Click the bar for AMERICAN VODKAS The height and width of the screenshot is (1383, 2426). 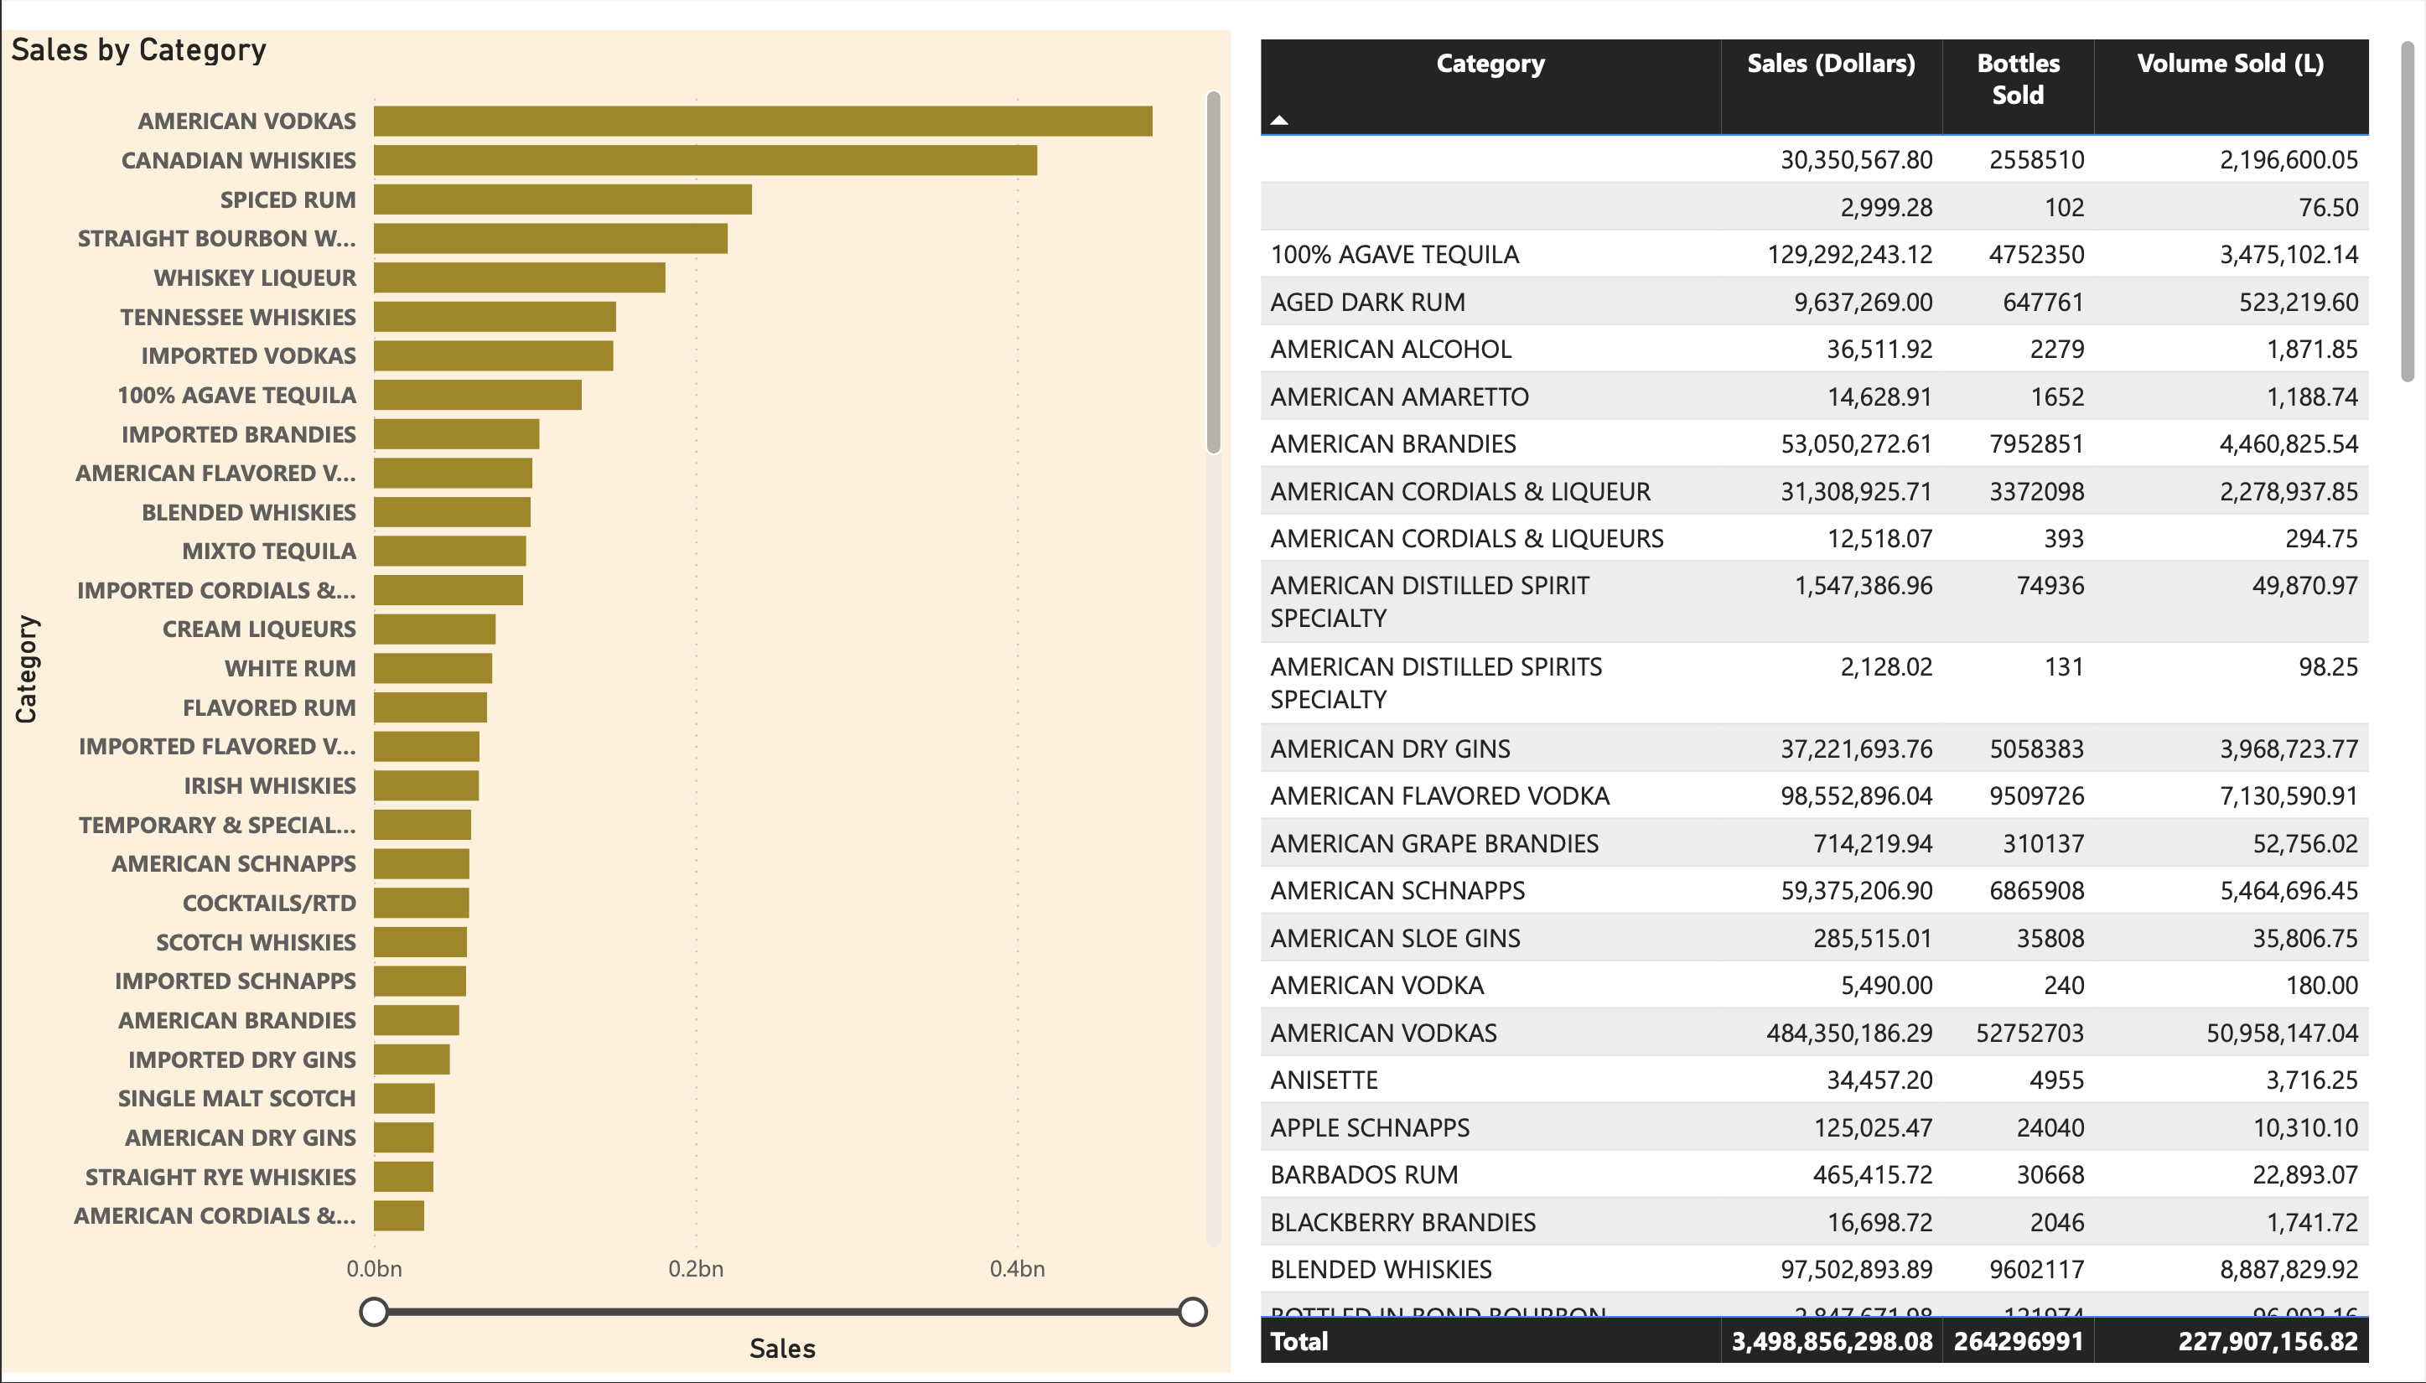[x=762, y=122]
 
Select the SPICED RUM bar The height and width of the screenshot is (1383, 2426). [x=562, y=199]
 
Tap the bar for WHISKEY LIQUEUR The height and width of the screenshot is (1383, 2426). [x=519, y=277]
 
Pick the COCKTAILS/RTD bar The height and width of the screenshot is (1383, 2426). [x=421, y=903]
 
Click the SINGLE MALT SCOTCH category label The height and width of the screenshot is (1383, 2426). [x=236, y=1098]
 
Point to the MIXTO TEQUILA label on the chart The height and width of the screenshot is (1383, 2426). [x=269, y=551]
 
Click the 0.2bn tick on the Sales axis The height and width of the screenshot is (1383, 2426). [x=695, y=1269]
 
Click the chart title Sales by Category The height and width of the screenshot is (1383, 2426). [x=138, y=49]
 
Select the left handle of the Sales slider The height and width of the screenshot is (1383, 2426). [x=374, y=1312]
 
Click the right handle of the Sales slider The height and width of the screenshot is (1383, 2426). [x=1192, y=1312]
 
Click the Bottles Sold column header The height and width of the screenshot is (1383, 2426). [x=2018, y=79]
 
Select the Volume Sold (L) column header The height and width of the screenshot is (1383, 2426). [x=2229, y=64]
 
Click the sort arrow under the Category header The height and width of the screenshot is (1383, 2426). [x=1279, y=120]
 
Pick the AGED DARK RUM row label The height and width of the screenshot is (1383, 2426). [x=1367, y=302]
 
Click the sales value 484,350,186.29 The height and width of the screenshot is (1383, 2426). [x=1848, y=1033]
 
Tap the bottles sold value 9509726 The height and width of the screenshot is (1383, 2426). [x=2035, y=796]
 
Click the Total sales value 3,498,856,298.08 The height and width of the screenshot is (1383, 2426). [x=1831, y=1341]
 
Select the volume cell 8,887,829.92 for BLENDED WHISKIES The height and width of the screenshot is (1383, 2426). [x=2288, y=1269]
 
